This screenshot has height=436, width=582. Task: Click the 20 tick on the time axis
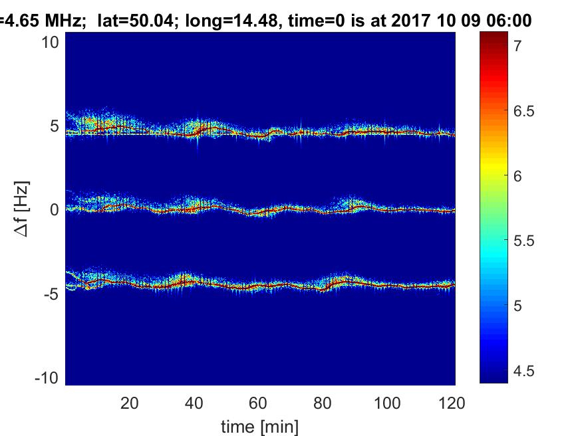(130, 403)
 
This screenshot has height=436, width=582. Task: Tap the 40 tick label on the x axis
(194, 403)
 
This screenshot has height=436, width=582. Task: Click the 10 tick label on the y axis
(52, 42)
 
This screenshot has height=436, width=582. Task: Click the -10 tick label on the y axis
(49, 377)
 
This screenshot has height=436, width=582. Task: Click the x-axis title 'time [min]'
(259, 425)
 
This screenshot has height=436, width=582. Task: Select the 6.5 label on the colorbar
(523, 111)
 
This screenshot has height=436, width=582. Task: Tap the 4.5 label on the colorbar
(523, 370)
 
